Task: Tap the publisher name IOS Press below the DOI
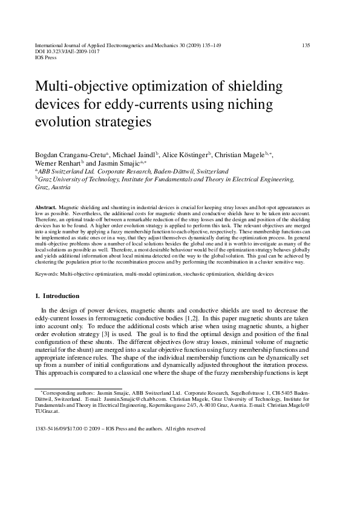click(x=47, y=58)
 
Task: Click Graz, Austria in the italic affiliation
click(x=53, y=187)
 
